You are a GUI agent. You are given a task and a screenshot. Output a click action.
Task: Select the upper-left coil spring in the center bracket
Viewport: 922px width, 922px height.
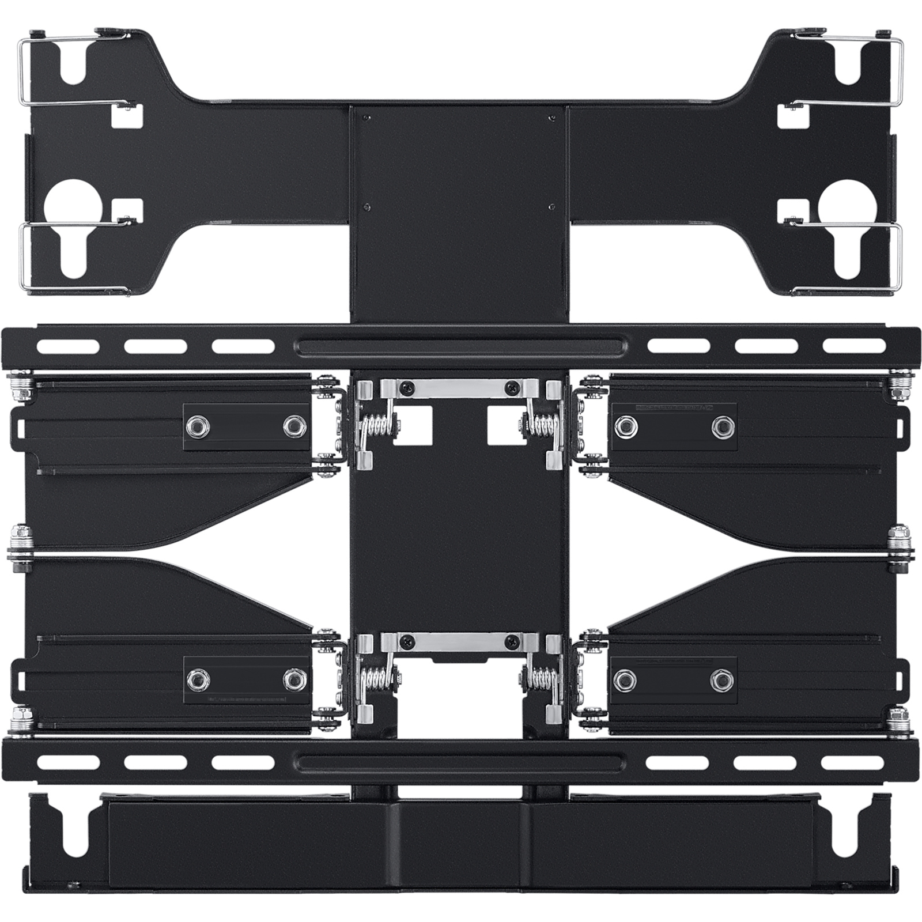pos(377,427)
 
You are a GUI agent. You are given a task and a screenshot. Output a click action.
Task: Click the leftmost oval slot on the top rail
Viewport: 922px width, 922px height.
pos(68,347)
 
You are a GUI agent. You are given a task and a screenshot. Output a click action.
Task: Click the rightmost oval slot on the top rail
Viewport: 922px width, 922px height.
pos(855,346)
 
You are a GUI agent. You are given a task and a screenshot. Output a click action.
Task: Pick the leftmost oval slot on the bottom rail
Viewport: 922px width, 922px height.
pos(68,763)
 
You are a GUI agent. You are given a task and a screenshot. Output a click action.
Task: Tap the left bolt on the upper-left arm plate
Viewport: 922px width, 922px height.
pos(198,426)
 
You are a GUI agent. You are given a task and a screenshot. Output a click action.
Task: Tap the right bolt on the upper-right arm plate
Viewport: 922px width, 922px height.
pos(723,426)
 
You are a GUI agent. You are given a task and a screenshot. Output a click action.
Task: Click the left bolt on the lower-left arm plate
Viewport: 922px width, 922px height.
pos(198,680)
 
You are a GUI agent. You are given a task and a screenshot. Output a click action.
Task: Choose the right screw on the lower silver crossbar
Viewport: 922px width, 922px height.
pos(512,641)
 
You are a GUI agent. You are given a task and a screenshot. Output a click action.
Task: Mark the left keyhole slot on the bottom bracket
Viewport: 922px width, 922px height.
pos(74,836)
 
